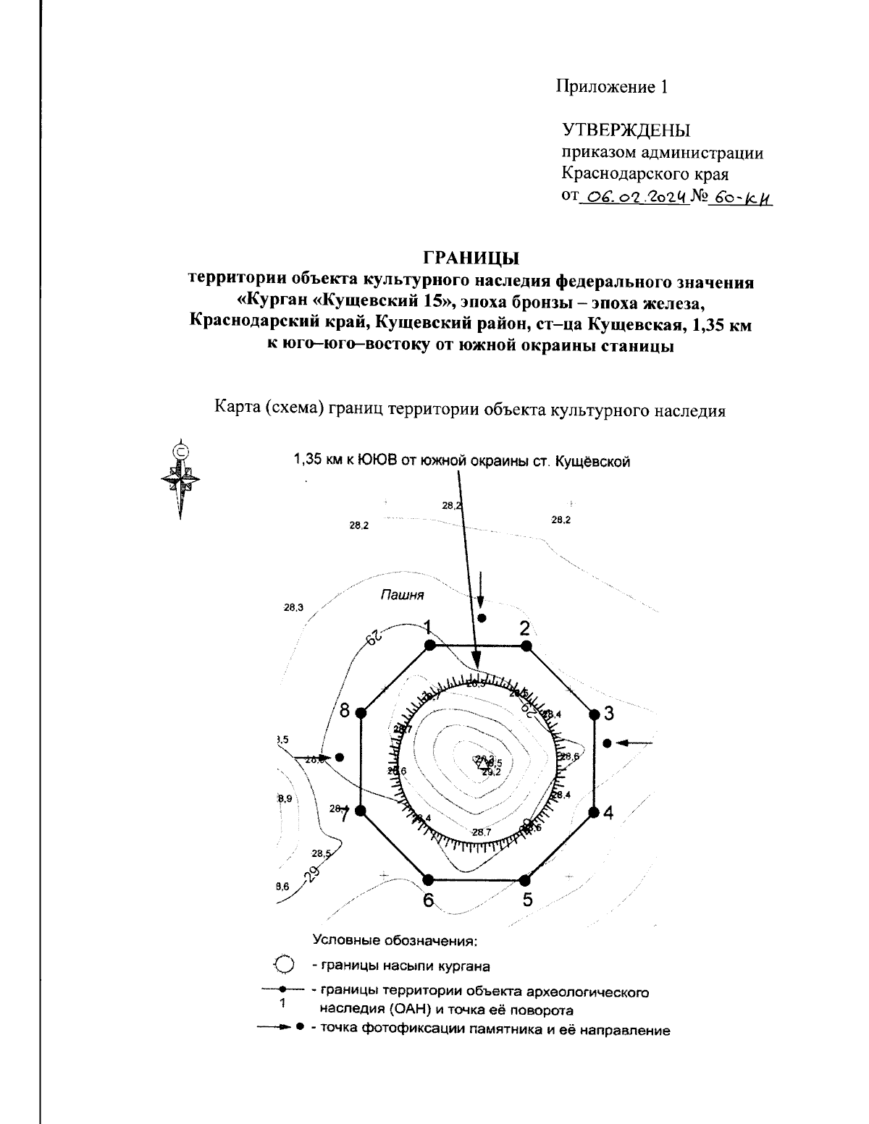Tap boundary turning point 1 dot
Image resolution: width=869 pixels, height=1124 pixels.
point(429,645)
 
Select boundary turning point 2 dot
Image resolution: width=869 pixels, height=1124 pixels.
point(526,645)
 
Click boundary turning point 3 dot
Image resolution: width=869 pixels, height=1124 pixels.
point(595,714)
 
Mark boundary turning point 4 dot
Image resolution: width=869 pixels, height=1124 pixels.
point(595,811)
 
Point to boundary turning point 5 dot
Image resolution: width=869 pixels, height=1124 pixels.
point(525,879)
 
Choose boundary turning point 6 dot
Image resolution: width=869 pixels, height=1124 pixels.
point(428,879)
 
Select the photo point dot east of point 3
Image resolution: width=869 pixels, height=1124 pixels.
point(608,743)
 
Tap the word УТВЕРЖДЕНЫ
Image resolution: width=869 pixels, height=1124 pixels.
point(626,131)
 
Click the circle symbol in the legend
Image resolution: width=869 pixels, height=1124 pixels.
point(285,965)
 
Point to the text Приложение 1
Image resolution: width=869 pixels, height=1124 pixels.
point(610,87)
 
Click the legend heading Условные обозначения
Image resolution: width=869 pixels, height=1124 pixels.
point(395,941)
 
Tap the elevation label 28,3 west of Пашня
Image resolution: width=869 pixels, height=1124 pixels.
point(293,607)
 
